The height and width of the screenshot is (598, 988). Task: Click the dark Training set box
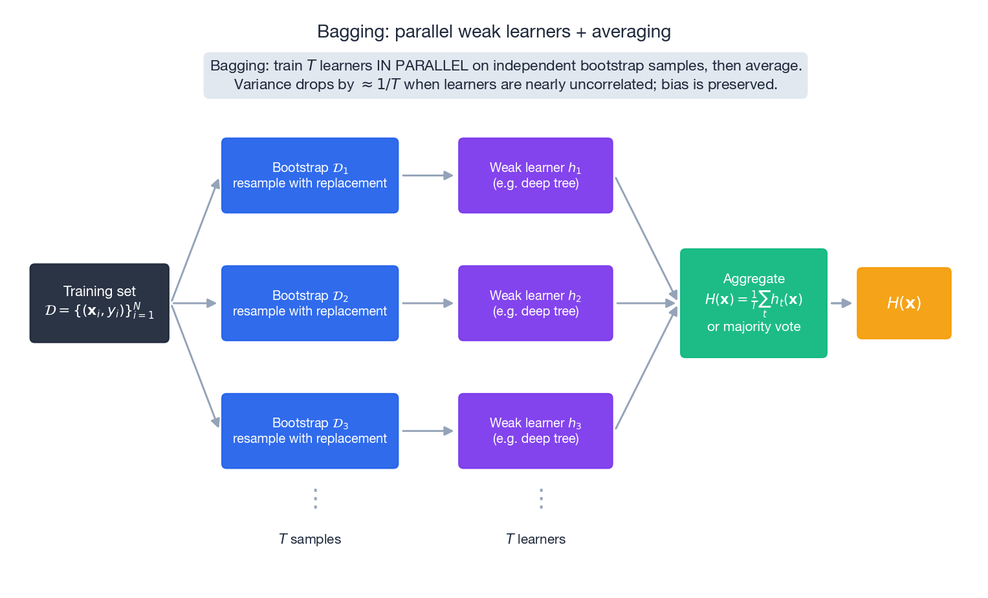pyautogui.click(x=99, y=303)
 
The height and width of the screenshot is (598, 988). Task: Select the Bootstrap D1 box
pyautogui.click(x=309, y=175)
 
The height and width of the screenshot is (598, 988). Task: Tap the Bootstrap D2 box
pyautogui.click(x=309, y=303)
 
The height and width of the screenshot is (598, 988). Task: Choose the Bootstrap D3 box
pyautogui.click(x=309, y=431)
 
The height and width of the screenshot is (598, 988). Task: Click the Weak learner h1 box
pyautogui.click(x=535, y=175)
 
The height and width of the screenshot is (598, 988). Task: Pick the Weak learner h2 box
pyautogui.click(x=535, y=303)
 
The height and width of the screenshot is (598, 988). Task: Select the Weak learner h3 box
pyautogui.click(x=535, y=431)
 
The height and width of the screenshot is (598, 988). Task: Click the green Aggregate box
pyautogui.click(x=753, y=303)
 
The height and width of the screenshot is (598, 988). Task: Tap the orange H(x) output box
pyautogui.click(x=903, y=303)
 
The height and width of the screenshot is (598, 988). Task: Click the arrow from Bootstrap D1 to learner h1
pyautogui.click(x=427, y=175)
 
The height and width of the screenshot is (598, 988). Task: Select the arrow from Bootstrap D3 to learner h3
pyautogui.click(x=427, y=431)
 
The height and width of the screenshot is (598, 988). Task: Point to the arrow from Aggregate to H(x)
pyautogui.click(x=841, y=303)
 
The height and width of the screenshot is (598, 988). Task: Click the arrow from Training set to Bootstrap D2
pyautogui.click(x=193, y=303)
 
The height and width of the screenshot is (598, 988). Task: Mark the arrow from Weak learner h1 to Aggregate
pyautogui.click(x=646, y=238)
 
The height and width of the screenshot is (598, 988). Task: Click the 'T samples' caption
pyautogui.click(x=309, y=539)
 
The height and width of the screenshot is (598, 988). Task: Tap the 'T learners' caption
pyautogui.click(x=535, y=539)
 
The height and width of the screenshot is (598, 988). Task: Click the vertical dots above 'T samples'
pyautogui.click(x=315, y=498)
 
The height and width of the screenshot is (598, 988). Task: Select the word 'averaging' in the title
pyautogui.click(x=631, y=32)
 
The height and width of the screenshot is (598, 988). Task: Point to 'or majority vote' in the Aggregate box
pyautogui.click(x=753, y=327)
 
